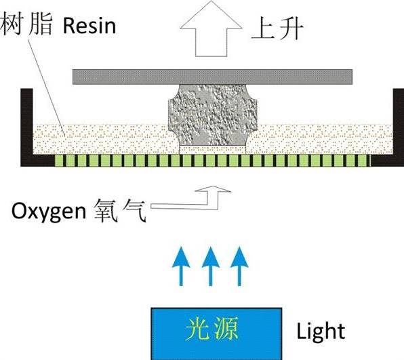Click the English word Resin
[89, 26]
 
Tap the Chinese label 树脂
[26, 24]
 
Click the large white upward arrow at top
[211, 28]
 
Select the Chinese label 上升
[277, 28]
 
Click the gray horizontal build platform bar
[212, 77]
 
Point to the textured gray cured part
[213, 115]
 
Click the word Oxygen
[49, 211]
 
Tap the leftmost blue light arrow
[181, 266]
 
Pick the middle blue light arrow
[211, 266]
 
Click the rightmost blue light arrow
[239, 266]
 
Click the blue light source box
[216, 334]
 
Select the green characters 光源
[212, 329]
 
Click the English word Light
[321, 332]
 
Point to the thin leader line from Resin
[46, 87]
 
